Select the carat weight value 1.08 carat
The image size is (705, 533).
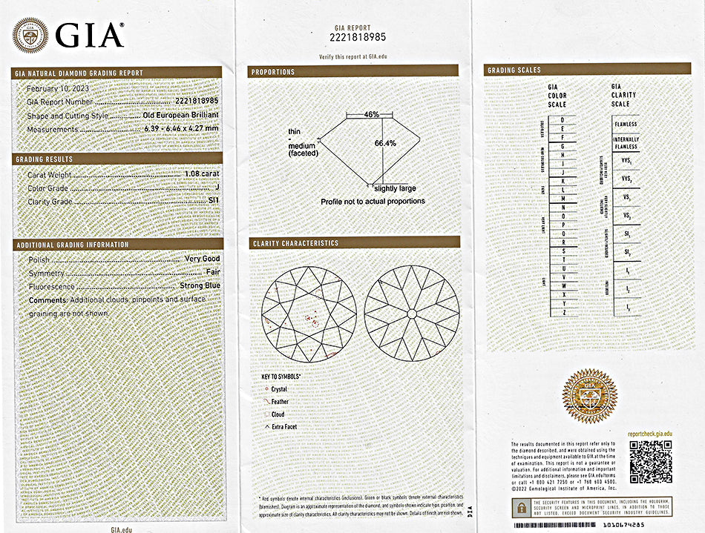coord(201,175)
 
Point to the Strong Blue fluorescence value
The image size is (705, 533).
coord(200,286)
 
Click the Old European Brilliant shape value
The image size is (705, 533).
coord(181,116)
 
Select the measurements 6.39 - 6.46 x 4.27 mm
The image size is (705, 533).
coord(181,129)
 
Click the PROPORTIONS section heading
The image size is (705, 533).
coord(273,72)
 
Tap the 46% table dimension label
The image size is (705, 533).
coord(372,114)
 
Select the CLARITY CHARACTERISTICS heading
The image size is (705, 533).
coord(295,243)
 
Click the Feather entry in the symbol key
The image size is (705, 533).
coord(280,401)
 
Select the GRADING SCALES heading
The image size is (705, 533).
coord(514,70)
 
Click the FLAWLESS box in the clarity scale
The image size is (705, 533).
coord(626,125)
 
